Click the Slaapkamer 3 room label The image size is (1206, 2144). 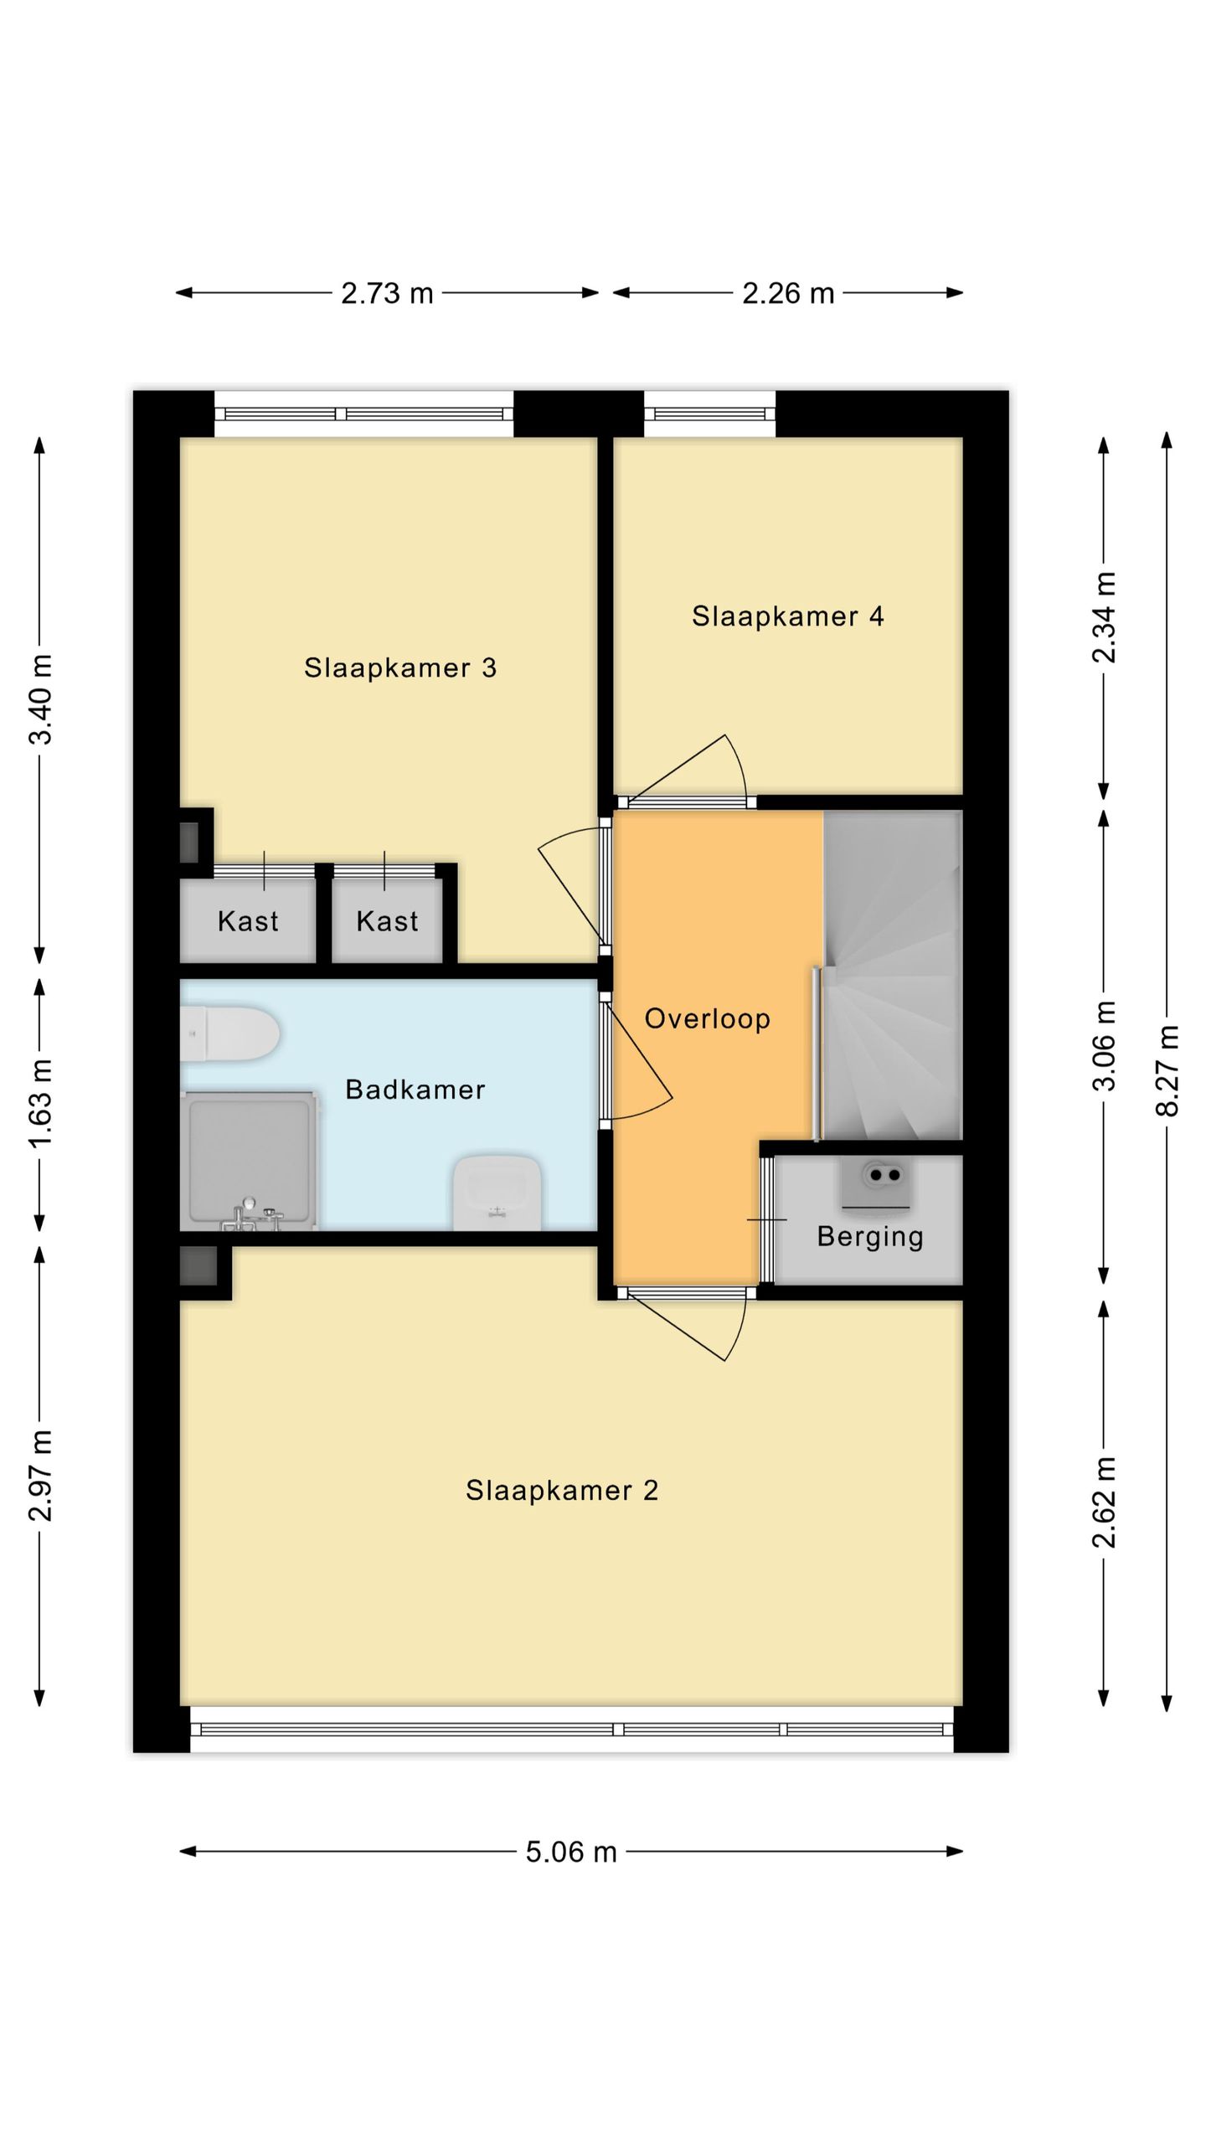pos(400,667)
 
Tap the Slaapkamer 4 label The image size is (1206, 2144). pos(787,616)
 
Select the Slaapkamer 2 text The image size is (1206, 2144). pos(562,1490)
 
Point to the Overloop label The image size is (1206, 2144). pos(708,1018)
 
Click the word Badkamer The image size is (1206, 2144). pos(415,1090)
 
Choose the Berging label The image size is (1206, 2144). pos(870,1236)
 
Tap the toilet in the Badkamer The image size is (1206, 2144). pos(230,1034)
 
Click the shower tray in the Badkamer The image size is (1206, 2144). pos(250,1160)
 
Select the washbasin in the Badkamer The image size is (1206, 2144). pos(497,1193)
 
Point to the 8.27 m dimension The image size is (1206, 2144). pos(1167,1071)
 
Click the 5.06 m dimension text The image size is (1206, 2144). pos(571,1852)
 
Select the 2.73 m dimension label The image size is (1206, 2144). pos(387,293)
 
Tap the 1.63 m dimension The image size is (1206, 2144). pos(40,1103)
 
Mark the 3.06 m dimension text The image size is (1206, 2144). pos(1105,1046)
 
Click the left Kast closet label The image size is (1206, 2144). pos(248,921)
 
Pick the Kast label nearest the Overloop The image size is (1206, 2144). pos(387,921)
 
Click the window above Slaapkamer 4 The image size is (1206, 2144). pos(710,414)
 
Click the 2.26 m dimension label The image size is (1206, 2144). pos(788,293)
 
